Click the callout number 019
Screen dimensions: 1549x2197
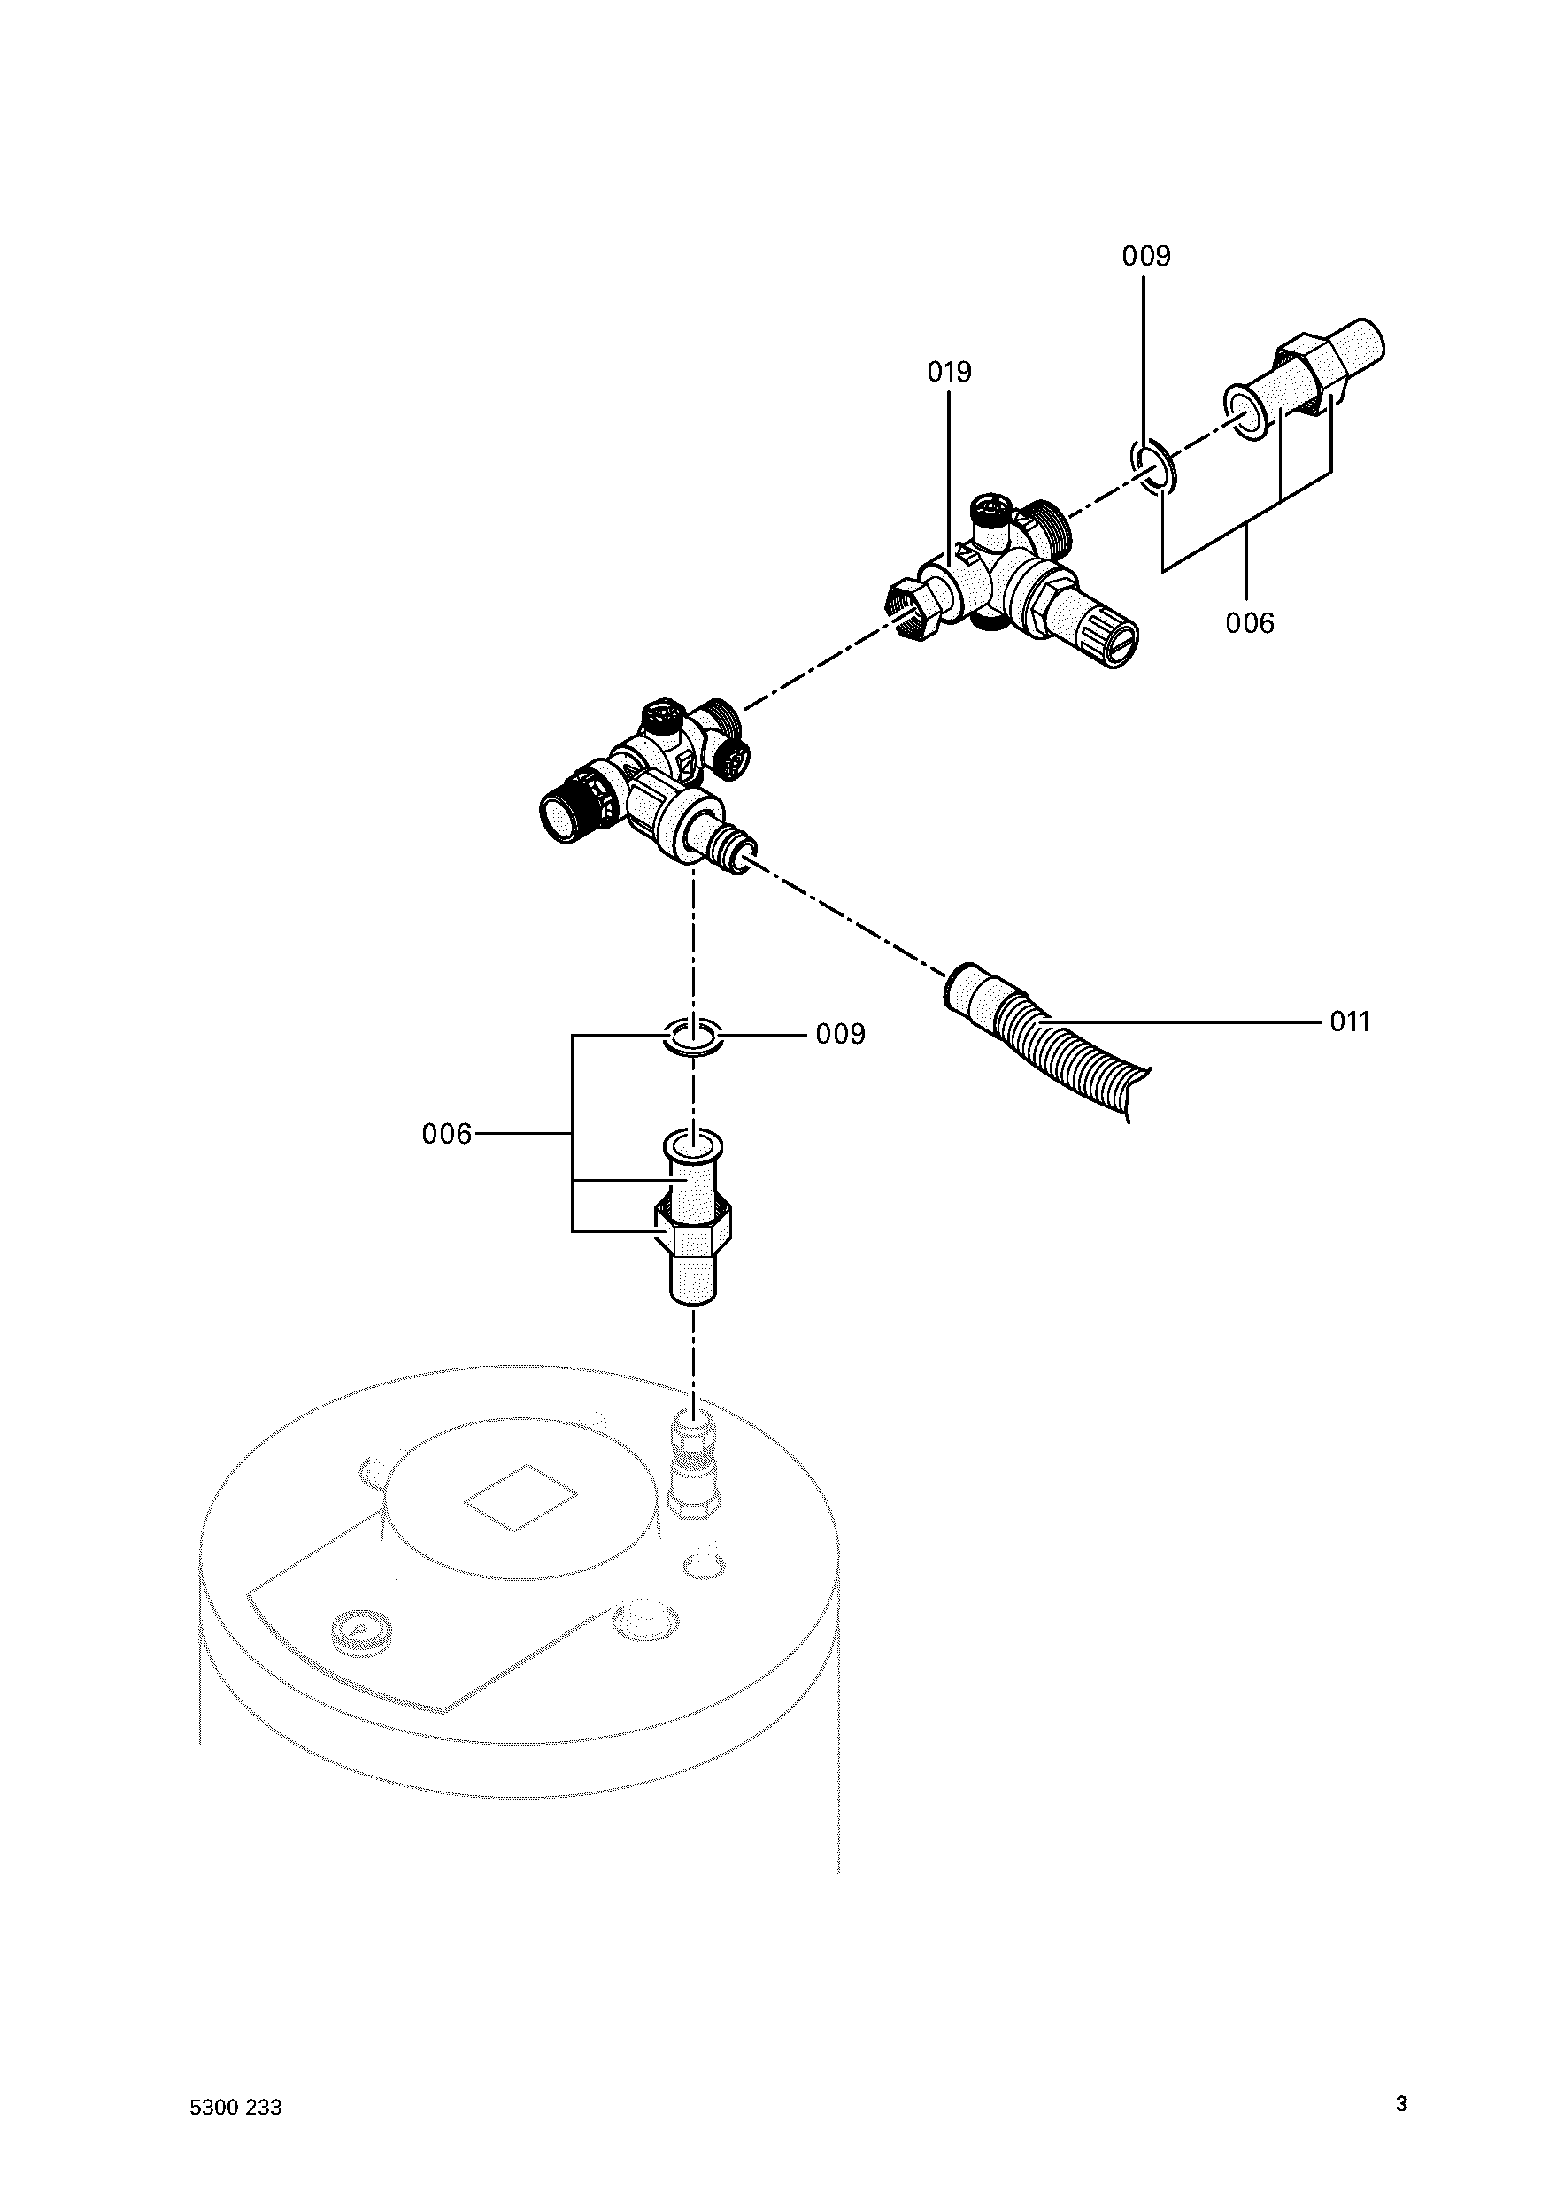[x=949, y=373]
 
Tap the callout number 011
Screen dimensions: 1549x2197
[x=1349, y=1022]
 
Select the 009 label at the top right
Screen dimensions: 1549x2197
[x=1146, y=257]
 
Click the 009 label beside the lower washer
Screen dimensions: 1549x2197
[x=840, y=1035]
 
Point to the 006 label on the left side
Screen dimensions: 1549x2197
[x=447, y=1134]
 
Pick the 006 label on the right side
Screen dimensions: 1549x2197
[x=1250, y=624]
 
